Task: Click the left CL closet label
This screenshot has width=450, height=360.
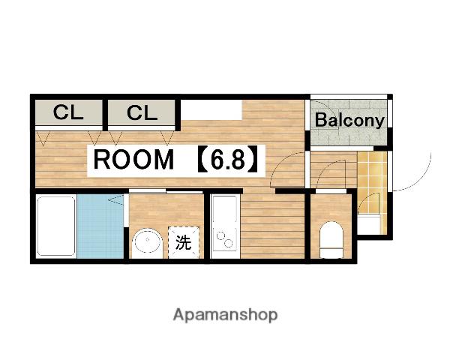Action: pos(68,112)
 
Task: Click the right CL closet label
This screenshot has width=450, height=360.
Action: pos(142,112)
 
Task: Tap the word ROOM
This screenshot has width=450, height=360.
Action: pos(133,160)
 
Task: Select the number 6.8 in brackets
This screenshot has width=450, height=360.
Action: pos(227,160)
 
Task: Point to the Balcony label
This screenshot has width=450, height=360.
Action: pos(349,120)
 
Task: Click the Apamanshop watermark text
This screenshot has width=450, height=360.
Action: pos(225,315)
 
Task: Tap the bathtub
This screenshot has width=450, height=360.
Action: pos(56,226)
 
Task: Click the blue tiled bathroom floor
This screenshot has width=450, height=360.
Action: pos(100,226)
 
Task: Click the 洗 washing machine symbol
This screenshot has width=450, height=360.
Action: pos(184,242)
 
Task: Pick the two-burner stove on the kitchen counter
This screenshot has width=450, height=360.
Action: pos(225,239)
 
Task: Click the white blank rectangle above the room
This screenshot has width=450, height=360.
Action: pos(211,110)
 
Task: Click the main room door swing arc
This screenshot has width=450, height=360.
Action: pos(283,166)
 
